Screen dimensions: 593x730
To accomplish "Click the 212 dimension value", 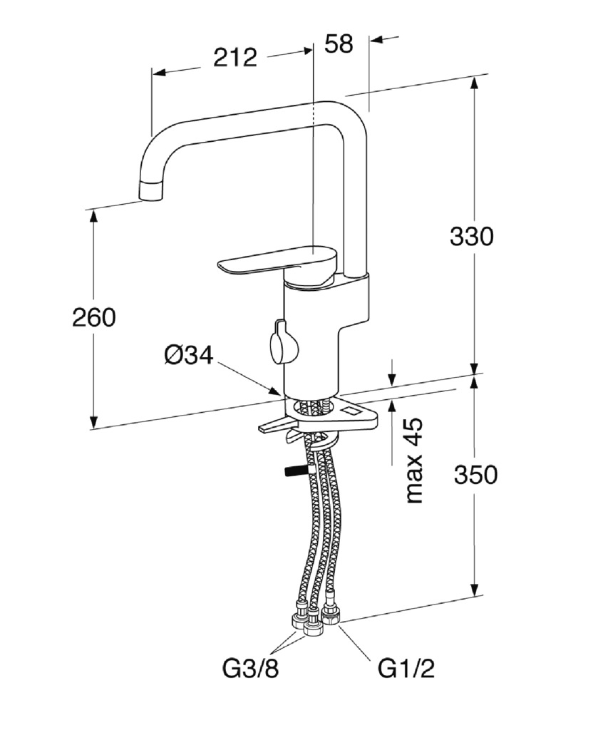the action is [235, 58].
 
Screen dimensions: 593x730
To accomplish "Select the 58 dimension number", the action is [339, 43].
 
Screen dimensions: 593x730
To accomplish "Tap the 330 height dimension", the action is [471, 236].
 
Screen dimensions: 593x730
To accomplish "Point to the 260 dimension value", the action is [94, 318].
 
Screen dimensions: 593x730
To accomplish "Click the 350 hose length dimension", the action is [475, 475].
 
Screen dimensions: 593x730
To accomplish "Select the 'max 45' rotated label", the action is [414, 461].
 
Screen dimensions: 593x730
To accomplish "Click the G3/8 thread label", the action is [250, 669].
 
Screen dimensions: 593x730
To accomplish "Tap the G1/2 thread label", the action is [406, 669].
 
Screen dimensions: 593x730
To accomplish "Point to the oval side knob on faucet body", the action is [282, 343].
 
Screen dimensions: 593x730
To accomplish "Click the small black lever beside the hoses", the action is [294, 471].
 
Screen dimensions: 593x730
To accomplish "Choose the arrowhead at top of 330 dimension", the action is [474, 83].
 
